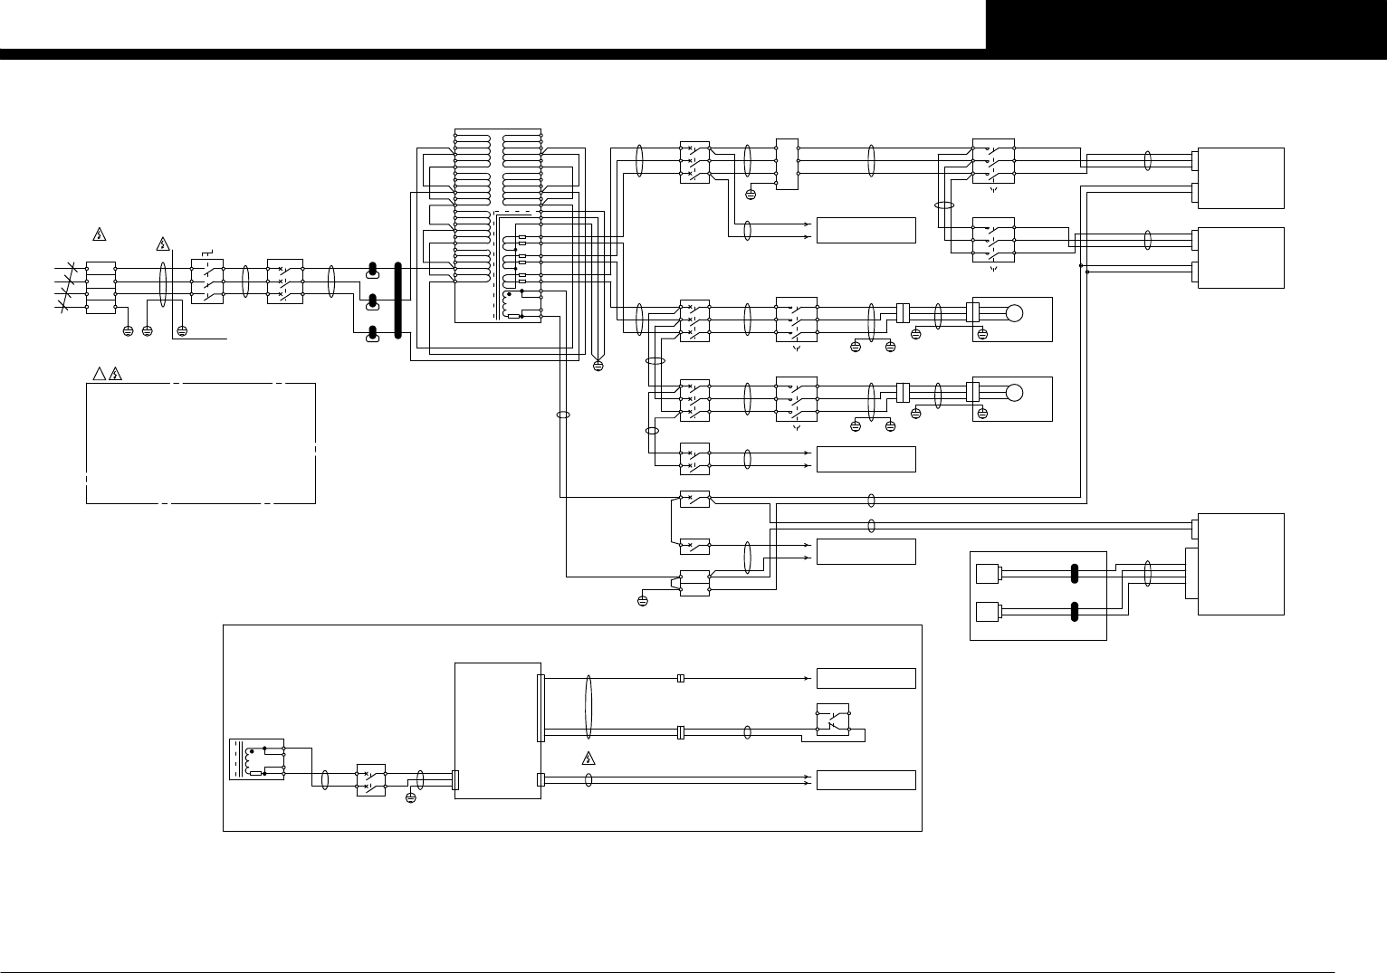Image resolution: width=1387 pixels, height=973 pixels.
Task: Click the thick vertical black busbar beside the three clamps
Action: tap(397, 301)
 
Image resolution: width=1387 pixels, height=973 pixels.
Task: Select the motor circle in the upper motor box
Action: tap(1014, 313)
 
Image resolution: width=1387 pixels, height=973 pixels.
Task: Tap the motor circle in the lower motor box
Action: tap(1014, 393)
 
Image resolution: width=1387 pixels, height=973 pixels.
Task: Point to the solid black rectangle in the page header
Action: tap(1186, 24)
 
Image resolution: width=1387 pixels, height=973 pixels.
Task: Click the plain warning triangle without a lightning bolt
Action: tap(99, 375)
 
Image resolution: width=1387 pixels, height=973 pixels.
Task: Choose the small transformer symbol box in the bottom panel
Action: tap(256, 758)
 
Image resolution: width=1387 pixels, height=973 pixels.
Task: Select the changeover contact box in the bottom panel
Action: tap(831, 719)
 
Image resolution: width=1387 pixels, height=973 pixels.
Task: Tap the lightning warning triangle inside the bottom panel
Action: tap(587, 758)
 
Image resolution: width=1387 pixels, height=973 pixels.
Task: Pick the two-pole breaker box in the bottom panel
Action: tap(371, 780)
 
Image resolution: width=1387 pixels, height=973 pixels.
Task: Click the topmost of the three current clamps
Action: tap(372, 270)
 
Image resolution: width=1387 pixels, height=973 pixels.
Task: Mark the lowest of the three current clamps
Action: tap(372, 337)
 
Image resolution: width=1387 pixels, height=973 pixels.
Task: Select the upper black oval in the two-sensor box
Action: tap(1075, 574)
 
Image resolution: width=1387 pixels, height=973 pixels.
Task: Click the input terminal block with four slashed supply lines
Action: tap(100, 287)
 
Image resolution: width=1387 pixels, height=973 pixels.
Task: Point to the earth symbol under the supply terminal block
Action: tap(127, 331)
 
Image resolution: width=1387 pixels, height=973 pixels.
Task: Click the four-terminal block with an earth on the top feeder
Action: tap(787, 164)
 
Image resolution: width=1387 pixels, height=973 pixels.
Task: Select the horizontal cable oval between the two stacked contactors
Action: tap(944, 206)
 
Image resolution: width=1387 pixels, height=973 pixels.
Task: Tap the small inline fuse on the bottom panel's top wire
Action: tap(681, 678)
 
